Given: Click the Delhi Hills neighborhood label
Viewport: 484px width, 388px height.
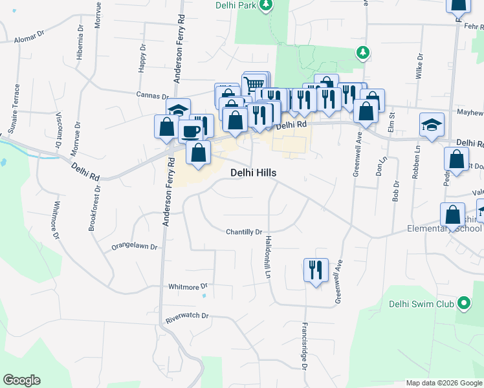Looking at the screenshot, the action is pos(254,173).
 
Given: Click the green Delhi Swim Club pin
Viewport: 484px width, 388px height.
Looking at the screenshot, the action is pos(463,303).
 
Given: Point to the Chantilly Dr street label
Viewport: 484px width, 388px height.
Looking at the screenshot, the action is pos(243,232).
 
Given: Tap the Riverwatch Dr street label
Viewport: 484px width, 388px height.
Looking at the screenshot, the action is pos(187,316).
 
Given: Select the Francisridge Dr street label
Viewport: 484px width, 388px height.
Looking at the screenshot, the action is pos(304,345).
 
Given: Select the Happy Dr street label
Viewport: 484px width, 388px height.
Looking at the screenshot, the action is pos(143,60).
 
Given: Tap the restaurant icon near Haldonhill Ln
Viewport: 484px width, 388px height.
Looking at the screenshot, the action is pos(316,270).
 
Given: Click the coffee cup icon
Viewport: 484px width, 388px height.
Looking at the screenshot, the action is pos(190,131).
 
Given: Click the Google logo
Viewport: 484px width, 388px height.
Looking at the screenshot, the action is pos(21,380).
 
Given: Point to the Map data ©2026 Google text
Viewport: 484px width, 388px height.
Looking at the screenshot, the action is pos(444,383).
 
